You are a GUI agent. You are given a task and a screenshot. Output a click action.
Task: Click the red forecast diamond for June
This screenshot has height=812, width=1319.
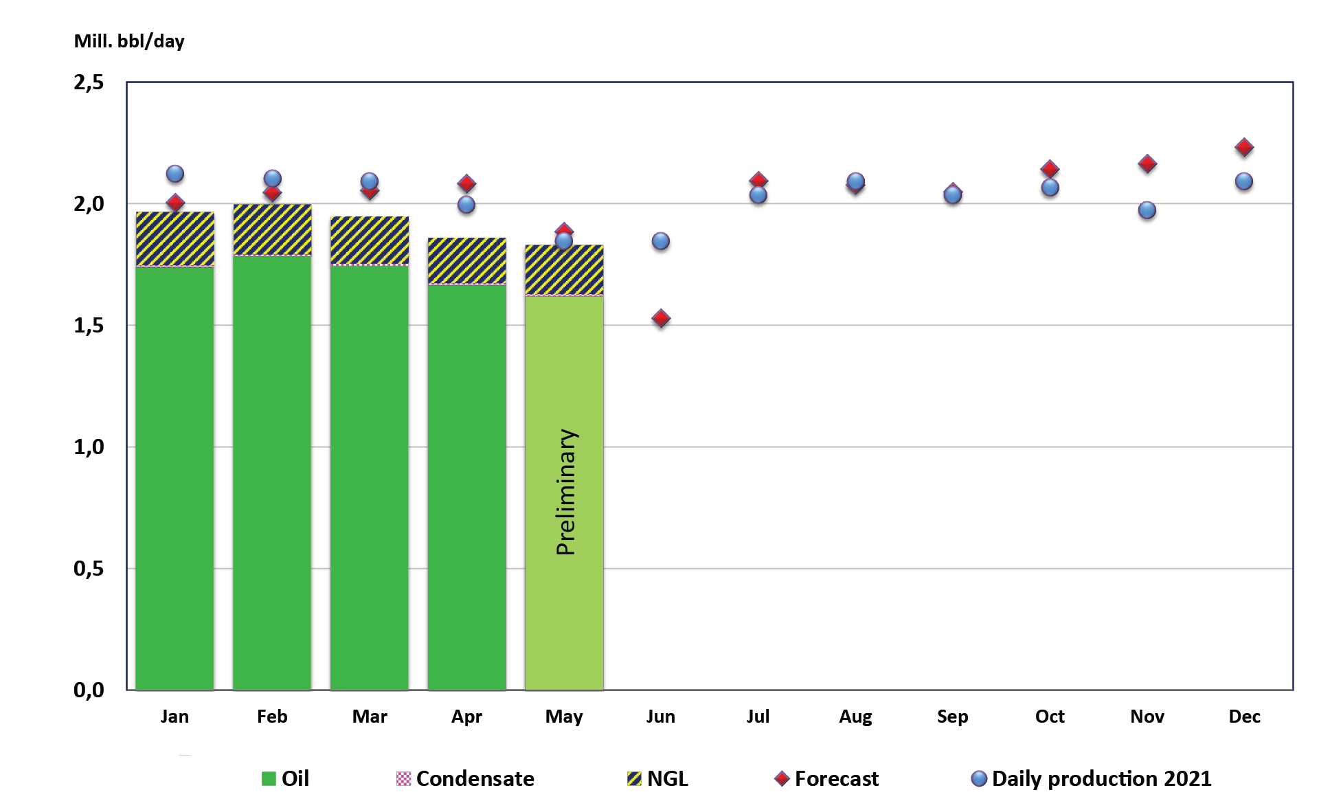pos(661,319)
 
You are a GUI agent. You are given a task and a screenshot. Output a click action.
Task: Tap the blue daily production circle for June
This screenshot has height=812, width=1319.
pos(661,241)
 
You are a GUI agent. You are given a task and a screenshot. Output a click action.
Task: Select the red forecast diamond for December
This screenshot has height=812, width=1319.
pos(1244,148)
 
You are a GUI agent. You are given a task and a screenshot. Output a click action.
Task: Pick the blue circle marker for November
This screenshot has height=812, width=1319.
pos(1147,210)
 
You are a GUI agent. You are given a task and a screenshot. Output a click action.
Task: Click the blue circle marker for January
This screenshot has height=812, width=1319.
pos(175,174)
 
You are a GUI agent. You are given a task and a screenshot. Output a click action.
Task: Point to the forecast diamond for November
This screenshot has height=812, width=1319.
pos(1147,164)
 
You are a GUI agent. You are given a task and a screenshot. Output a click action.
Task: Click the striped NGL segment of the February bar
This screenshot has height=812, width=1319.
pos(272,230)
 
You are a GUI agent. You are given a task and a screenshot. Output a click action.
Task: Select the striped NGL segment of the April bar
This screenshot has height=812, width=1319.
pos(467,261)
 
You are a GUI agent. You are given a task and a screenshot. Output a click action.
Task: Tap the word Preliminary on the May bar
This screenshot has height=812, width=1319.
pos(566,492)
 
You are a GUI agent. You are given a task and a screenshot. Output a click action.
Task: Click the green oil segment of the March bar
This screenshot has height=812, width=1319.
pos(370,474)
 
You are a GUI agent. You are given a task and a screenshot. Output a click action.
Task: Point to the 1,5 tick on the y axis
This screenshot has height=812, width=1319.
pos(89,326)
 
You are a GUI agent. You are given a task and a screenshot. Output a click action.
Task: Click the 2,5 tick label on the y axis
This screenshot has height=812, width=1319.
pos(89,82)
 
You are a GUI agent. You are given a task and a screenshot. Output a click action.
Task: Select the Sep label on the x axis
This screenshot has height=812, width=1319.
pos(952,717)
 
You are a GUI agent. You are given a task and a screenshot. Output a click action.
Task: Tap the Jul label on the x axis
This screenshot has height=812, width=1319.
pos(758,717)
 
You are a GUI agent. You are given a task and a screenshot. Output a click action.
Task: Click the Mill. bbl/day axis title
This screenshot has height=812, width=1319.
pos(129,41)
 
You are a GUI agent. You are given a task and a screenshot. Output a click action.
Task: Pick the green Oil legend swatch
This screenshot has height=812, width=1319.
pos(269,778)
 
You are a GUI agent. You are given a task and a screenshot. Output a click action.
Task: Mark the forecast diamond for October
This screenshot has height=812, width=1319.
pos(1050,168)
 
